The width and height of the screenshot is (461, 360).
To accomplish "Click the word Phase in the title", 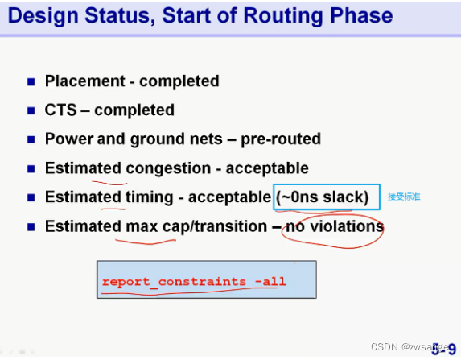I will pos(359,15).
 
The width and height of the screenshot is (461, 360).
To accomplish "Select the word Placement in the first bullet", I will pos(83,81).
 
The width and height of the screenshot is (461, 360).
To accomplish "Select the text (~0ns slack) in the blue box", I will pos(325,197).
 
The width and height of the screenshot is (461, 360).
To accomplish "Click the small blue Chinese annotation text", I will pos(404,197).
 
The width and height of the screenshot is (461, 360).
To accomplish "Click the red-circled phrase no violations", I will pos(335,226).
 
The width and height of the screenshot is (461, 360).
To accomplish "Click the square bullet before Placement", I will pos(31,81).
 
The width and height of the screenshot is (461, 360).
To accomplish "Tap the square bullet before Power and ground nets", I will pos(31,139).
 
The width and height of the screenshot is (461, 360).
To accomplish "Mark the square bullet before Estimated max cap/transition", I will pos(31,226).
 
